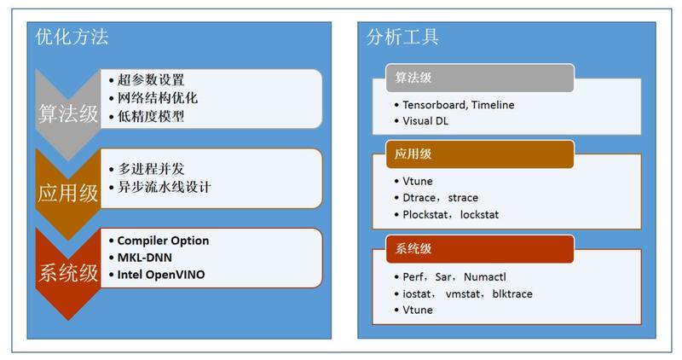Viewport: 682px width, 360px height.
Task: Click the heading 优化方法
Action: [72, 37]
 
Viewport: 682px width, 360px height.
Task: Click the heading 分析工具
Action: [402, 37]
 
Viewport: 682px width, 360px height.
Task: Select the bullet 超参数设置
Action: [151, 79]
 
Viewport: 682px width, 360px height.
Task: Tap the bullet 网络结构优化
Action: [158, 97]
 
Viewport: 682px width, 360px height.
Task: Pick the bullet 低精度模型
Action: [151, 116]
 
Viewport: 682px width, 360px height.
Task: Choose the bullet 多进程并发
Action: [151, 169]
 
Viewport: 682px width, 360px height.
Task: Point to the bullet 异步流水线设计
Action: [165, 187]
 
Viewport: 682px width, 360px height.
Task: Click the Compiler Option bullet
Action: [163, 241]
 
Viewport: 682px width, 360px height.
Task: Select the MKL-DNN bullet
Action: [144, 258]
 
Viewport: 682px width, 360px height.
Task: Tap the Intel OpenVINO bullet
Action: [161, 275]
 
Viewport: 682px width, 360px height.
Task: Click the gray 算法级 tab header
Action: [480, 78]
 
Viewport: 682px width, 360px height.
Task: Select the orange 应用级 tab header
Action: [480, 154]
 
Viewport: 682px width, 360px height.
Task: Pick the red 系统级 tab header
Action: [480, 249]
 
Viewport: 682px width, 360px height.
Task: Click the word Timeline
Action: [493, 105]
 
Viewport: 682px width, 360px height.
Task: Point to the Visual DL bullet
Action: [425, 121]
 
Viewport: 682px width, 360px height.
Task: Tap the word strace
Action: [463, 198]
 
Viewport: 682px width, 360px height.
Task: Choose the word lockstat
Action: [479, 215]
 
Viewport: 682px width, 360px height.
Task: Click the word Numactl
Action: [485, 277]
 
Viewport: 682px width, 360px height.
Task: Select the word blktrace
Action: [512, 294]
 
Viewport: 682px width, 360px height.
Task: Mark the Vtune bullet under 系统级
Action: [418, 311]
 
